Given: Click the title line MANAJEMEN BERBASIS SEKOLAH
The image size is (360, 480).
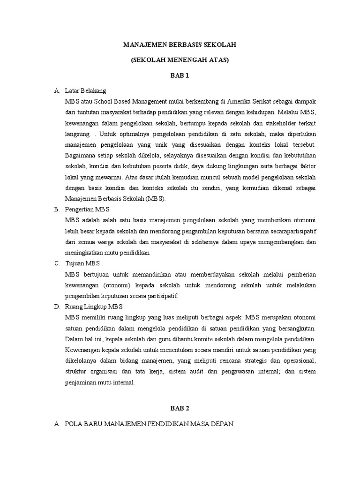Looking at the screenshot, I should pos(180,45).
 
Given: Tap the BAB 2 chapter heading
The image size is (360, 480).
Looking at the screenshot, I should pos(180,409).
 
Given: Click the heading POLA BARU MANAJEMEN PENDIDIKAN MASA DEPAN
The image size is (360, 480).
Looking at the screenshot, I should pos(150,424).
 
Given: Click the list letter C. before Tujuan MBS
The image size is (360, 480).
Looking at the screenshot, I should pos(57,263).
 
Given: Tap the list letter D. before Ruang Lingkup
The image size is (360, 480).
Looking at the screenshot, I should pos(57,307).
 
